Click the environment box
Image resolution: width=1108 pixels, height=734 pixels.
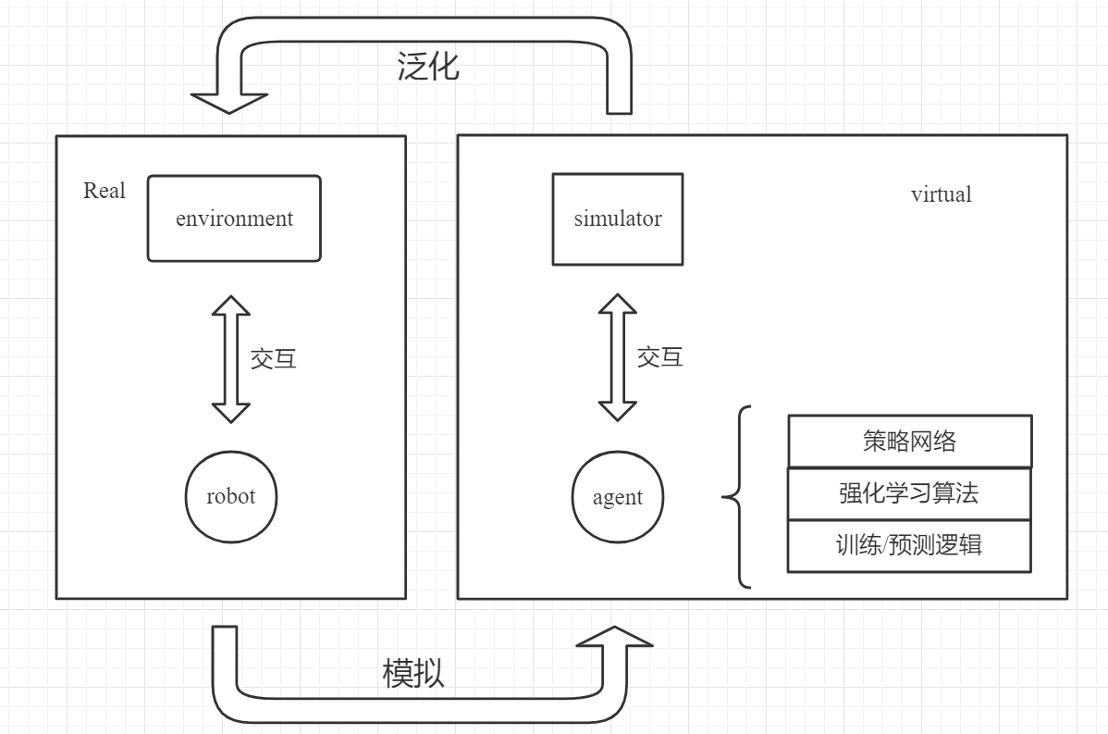coord(234,218)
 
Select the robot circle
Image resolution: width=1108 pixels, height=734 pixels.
coord(231,496)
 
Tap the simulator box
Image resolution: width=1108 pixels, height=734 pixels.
coord(617,219)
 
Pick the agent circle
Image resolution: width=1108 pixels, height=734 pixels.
coord(617,497)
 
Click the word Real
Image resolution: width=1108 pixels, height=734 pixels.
coord(104,191)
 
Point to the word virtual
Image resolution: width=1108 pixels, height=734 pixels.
coord(941,194)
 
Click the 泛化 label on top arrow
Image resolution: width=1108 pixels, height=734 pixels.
coord(428,67)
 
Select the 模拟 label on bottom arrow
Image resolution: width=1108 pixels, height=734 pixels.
coord(413,673)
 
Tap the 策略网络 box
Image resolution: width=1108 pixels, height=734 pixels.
coord(908,442)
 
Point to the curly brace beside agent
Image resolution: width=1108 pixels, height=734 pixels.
coord(736,498)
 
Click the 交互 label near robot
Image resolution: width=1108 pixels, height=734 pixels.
coord(274,359)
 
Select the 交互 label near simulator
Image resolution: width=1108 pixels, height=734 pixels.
coord(659,356)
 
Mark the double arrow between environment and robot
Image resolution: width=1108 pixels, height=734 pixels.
coord(231,360)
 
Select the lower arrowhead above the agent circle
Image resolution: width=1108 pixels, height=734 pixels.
coord(617,412)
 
